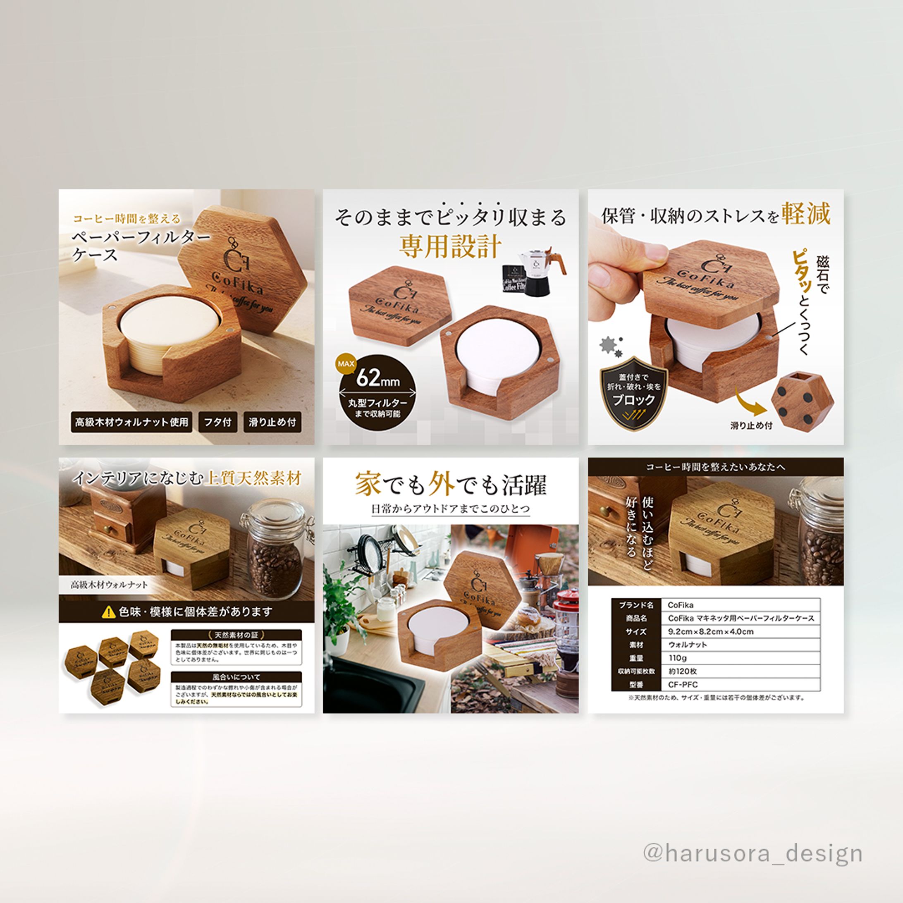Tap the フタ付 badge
217,422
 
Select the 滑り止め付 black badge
272,422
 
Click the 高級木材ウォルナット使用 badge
131,422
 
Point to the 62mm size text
377,379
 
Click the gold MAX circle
346,363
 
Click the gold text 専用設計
450,247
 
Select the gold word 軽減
807,214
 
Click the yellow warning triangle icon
108,612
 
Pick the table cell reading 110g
741,658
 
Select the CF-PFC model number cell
741,685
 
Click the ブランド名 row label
636,605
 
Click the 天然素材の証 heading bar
236,635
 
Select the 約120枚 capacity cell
741,671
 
